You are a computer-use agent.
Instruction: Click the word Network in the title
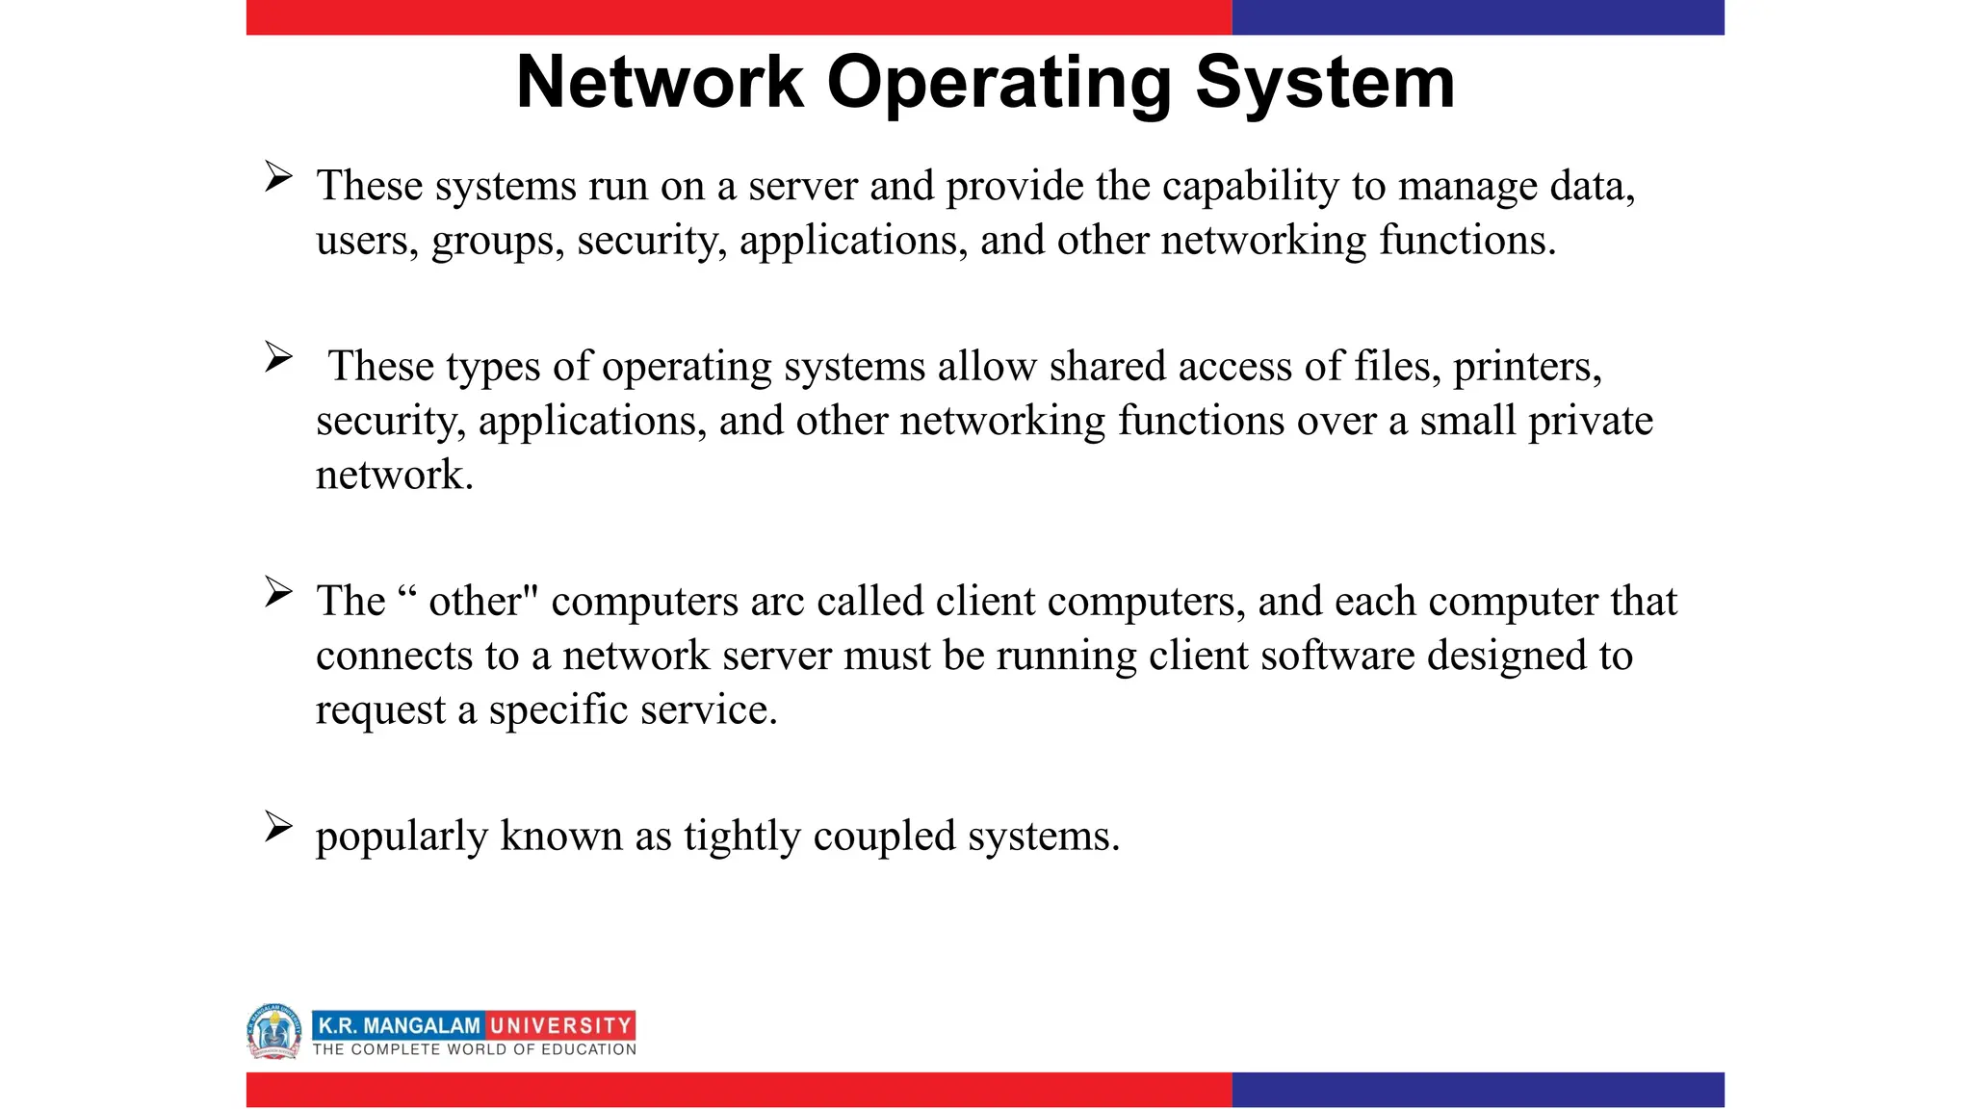click(660, 83)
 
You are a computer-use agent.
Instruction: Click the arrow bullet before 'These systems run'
click(278, 177)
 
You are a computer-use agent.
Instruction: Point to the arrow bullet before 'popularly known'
click(278, 827)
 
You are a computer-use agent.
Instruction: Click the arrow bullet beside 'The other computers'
click(278, 592)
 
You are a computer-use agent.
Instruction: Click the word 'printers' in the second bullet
click(1526, 368)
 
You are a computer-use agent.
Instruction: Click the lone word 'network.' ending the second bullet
click(395, 476)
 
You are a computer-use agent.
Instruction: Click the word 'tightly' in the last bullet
click(741, 837)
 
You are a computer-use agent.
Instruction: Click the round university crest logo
click(274, 1031)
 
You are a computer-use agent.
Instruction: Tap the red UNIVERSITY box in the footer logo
click(560, 1025)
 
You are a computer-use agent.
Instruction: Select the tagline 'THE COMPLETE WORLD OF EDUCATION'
click(474, 1049)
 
